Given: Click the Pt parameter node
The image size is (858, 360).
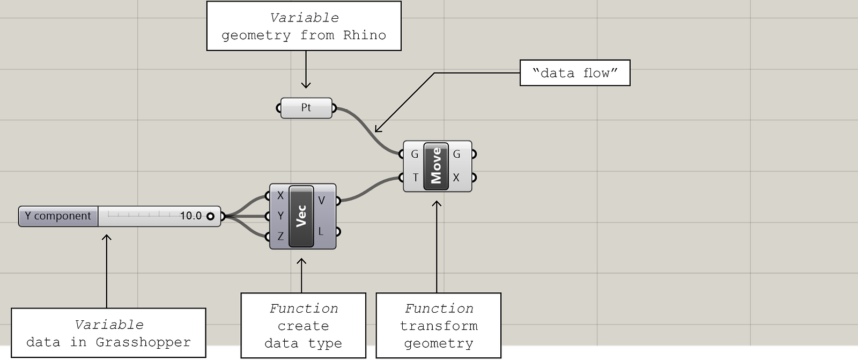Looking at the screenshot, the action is (x=306, y=108).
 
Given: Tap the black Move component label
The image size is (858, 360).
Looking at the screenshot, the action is (x=436, y=166).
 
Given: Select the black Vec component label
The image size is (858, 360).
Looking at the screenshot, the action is (x=301, y=216).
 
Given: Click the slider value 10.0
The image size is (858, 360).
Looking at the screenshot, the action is (x=191, y=216).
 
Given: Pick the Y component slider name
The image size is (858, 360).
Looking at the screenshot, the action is (x=58, y=216).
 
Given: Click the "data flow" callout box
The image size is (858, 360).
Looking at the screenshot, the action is (x=575, y=73).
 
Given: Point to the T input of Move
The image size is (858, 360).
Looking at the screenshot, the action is (x=415, y=178).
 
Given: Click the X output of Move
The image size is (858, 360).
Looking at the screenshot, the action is (x=456, y=178).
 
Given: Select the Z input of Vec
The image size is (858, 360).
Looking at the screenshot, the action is (x=280, y=236).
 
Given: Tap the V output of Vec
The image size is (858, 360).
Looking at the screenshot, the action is (x=321, y=200).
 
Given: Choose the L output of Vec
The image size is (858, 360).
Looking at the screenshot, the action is (x=321, y=232).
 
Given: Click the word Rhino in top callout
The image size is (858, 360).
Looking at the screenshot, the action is (x=365, y=35).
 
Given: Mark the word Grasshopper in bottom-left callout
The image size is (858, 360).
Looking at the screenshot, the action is (x=143, y=342).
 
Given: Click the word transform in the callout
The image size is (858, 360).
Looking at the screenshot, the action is (x=439, y=326).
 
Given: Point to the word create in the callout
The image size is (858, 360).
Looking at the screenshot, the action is (x=304, y=326).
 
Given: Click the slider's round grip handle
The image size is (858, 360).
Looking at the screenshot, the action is (x=210, y=216).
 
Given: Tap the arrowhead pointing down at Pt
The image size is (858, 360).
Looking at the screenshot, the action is (x=306, y=84).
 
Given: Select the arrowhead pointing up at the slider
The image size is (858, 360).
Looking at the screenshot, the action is (x=107, y=238).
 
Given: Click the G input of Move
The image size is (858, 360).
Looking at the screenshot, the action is (x=415, y=154).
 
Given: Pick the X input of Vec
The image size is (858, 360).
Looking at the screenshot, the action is (x=280, y=195).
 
